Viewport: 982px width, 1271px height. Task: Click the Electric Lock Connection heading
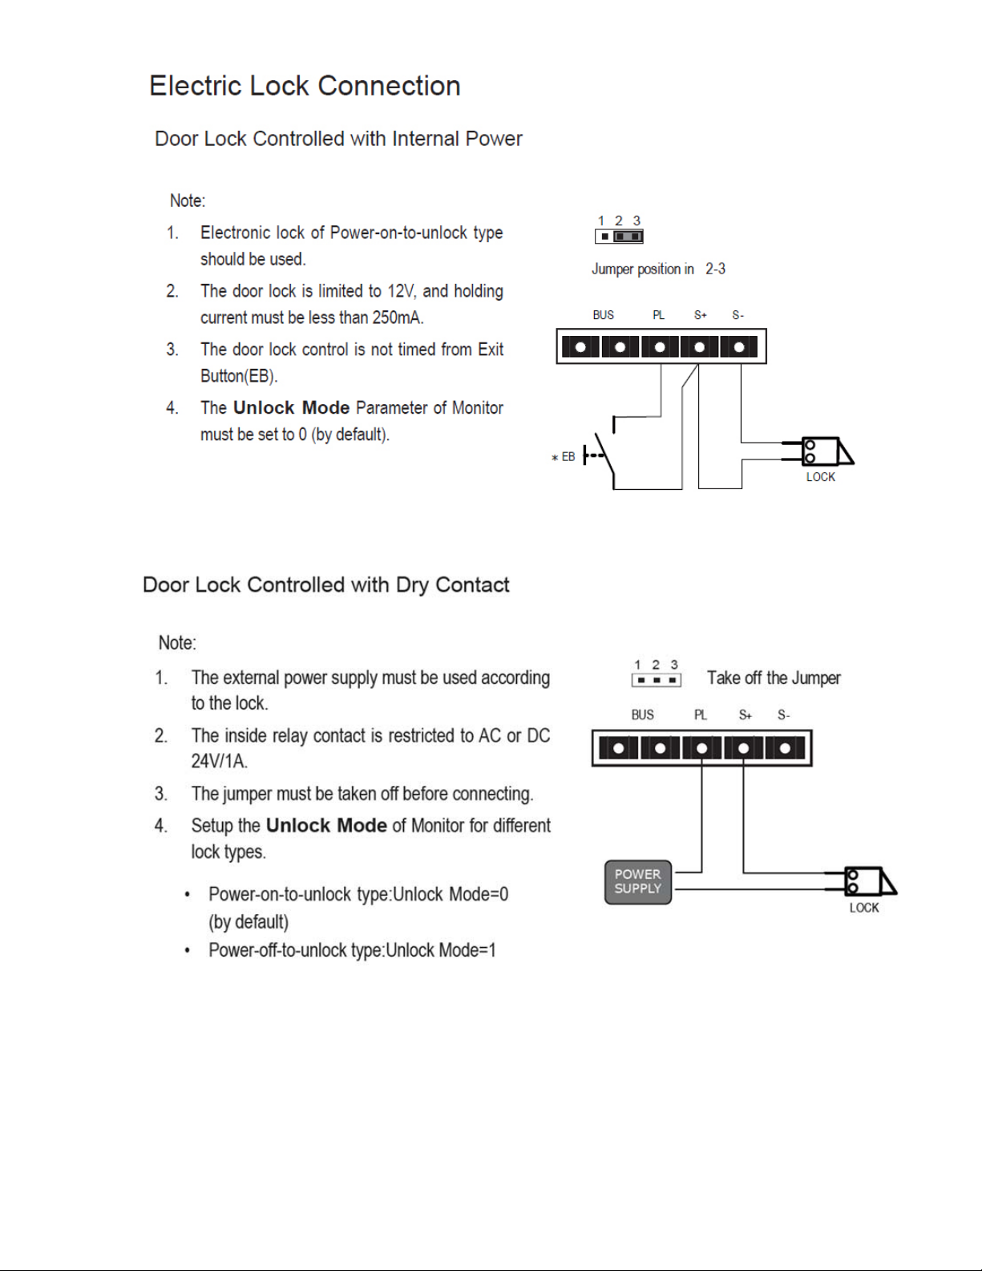[x=305, y=86]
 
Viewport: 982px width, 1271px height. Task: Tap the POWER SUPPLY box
[x=637, y=882]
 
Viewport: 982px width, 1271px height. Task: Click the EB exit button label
[x=568, y=457]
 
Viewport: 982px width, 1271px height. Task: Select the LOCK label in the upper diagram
[x=820, y=477]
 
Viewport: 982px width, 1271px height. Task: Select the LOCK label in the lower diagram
[x=863, y=908]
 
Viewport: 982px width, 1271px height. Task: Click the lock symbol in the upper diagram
[x=826, y=451]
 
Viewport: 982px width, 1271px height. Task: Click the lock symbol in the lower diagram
[x=870, y=881]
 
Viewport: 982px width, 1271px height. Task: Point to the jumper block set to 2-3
[x=619, y=237]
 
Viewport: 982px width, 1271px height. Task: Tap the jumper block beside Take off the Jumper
[x=656, y=680]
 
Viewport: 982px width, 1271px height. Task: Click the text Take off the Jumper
[x=774, y=678]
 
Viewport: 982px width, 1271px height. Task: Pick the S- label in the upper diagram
[x=738, y=316]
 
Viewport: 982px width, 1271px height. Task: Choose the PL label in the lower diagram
[x=701, y=715]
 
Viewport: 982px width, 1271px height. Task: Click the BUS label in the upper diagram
[x=604, y=316]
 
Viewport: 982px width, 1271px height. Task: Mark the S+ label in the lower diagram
[x=745, y=715]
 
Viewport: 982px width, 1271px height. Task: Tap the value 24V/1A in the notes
[x=219, y=761]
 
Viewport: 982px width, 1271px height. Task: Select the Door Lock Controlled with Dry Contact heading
[x=325, y=585]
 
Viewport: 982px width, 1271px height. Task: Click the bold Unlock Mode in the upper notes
[x=291, y=407]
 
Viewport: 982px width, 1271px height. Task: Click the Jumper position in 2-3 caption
[x=658, y=269]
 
